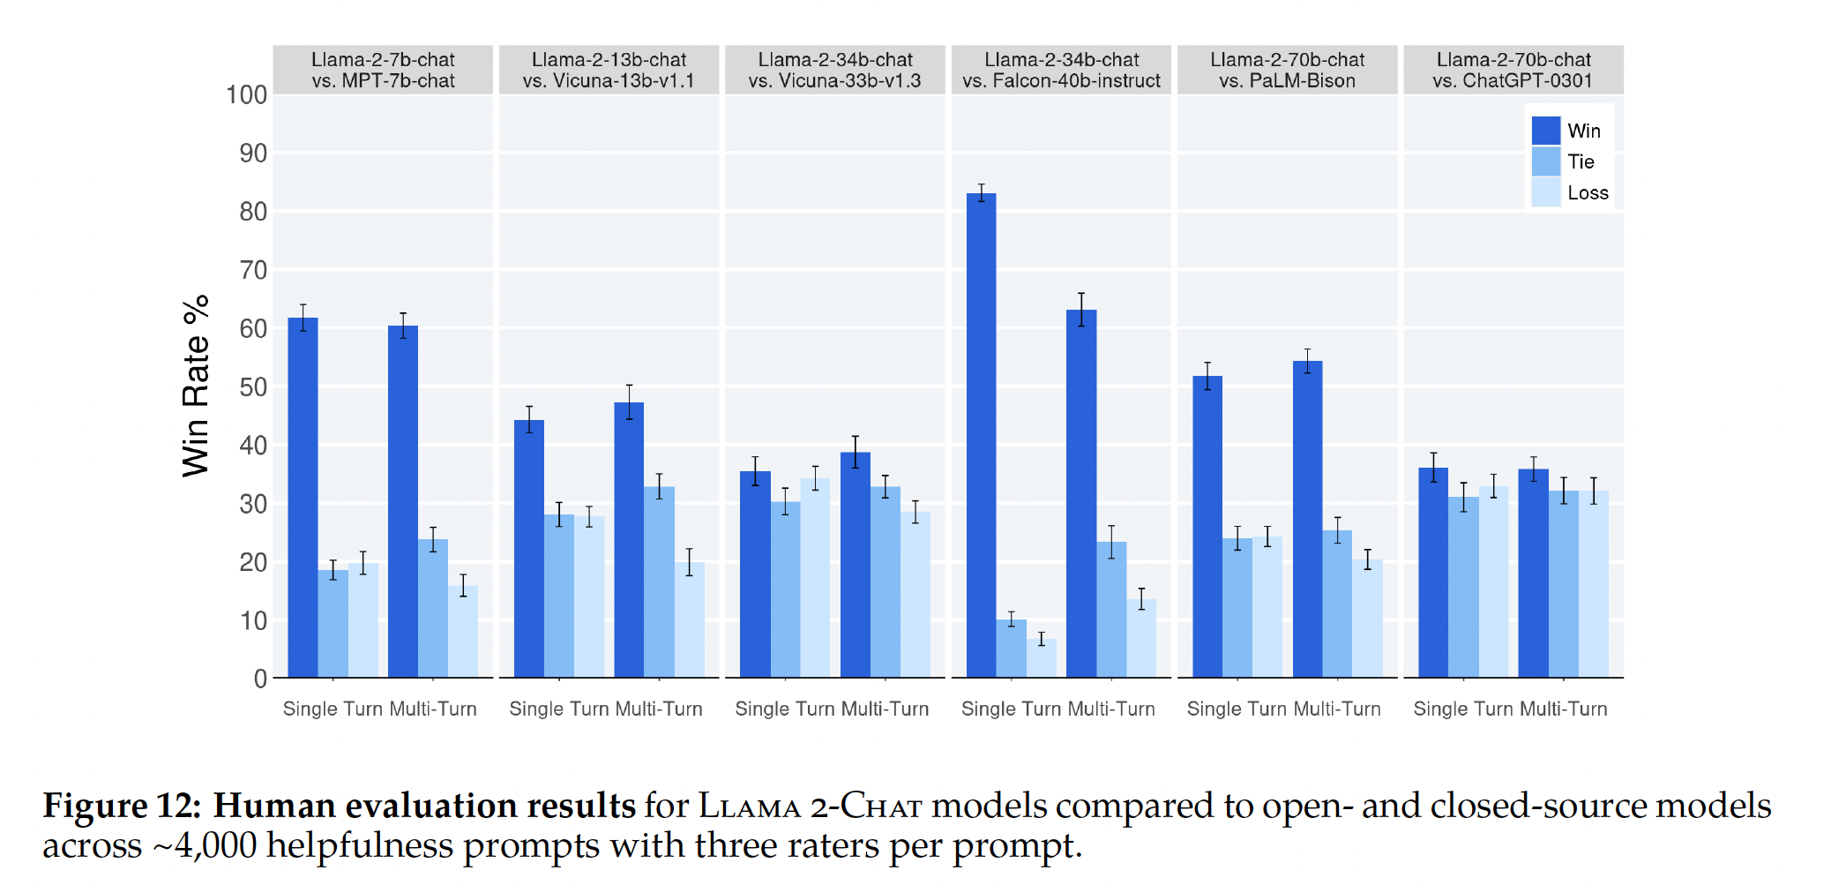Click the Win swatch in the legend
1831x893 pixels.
coord(1545,131)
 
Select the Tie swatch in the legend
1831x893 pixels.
coord(1545,161)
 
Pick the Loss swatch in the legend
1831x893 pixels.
coord(1545,192)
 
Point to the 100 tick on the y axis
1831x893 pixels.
coord(246,95)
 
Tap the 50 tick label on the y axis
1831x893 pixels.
coord(252,387)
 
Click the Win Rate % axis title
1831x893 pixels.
coord(196,386)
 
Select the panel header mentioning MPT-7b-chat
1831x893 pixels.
coord(383,70)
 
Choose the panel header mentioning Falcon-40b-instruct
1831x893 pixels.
coord(1061,70)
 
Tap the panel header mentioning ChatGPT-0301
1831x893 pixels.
coord(1513,70)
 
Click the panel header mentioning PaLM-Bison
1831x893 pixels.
coord(1287,70)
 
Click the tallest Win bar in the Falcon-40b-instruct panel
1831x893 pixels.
coord(981,436)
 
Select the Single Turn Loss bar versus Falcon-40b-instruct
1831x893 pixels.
coord(1042,658)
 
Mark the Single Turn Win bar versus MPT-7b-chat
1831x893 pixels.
coord(303,498)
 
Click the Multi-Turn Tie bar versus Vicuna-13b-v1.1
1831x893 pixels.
coord(659,582)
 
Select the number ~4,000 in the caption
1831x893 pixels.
coord(205,845)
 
